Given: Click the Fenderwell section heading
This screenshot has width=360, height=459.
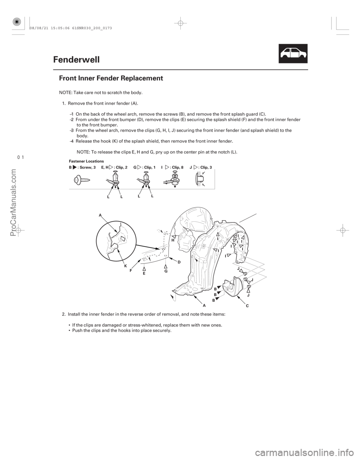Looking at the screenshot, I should pos(76,60).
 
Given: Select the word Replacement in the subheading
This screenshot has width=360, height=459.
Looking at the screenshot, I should pos(144,78).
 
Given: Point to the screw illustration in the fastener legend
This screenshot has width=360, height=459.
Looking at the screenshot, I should pos(81,179).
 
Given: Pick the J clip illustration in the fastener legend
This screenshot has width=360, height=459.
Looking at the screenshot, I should pos(199,180).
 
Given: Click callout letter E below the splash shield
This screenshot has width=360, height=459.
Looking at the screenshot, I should pos(144,274).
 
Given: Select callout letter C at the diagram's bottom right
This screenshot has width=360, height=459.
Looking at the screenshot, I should pos(247,305).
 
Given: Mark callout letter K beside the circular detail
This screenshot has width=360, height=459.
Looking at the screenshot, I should pos(125,265).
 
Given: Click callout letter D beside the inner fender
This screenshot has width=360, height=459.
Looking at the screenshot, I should pos(179,262).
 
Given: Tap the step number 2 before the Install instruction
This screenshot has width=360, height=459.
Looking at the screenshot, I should pos(63,314).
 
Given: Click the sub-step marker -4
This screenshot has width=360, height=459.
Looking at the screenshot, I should pos(71,141).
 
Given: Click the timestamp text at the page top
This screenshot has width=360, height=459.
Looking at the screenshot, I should pos(71,28).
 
